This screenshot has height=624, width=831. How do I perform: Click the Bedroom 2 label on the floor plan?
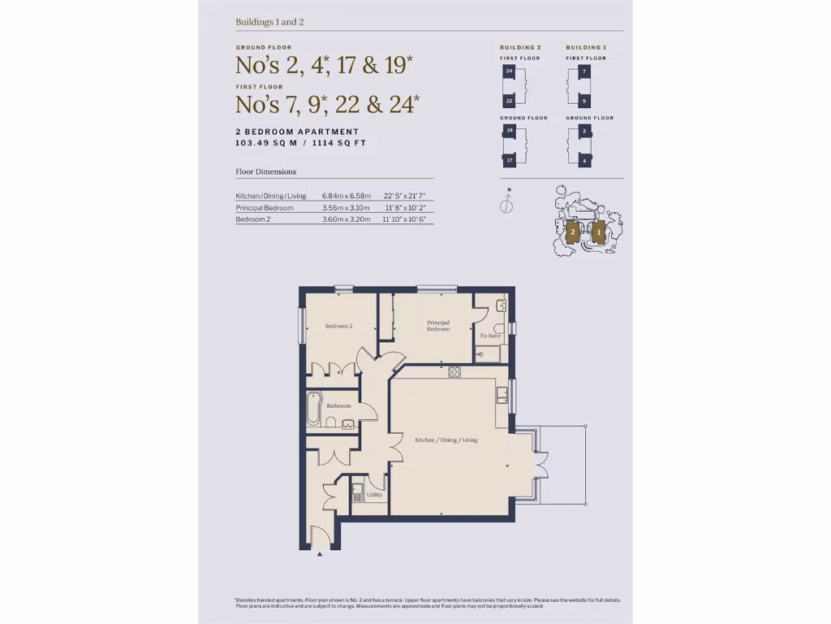tap(338, 326)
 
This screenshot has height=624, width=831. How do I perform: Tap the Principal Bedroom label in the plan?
tap(438, 326)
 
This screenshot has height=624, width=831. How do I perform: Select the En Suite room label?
tap(490, 335)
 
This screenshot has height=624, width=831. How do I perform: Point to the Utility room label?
tap(374, 494)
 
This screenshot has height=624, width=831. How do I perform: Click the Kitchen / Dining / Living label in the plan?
tap(446, 440)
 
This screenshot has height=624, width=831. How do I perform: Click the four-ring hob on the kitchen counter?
tap(454, 373)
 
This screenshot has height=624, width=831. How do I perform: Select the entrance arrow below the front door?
tap(320, 554)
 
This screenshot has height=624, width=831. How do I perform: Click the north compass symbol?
tap(506, 205)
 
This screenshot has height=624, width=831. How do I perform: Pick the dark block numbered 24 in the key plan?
tap(509, 72)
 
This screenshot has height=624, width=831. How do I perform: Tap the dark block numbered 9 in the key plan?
tap(584, 102)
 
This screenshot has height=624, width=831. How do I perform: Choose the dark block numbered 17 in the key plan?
tap(509, 160)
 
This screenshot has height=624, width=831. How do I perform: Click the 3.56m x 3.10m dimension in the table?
tap(346, 207)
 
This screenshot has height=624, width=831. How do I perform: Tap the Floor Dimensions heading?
tap(265, 171)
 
